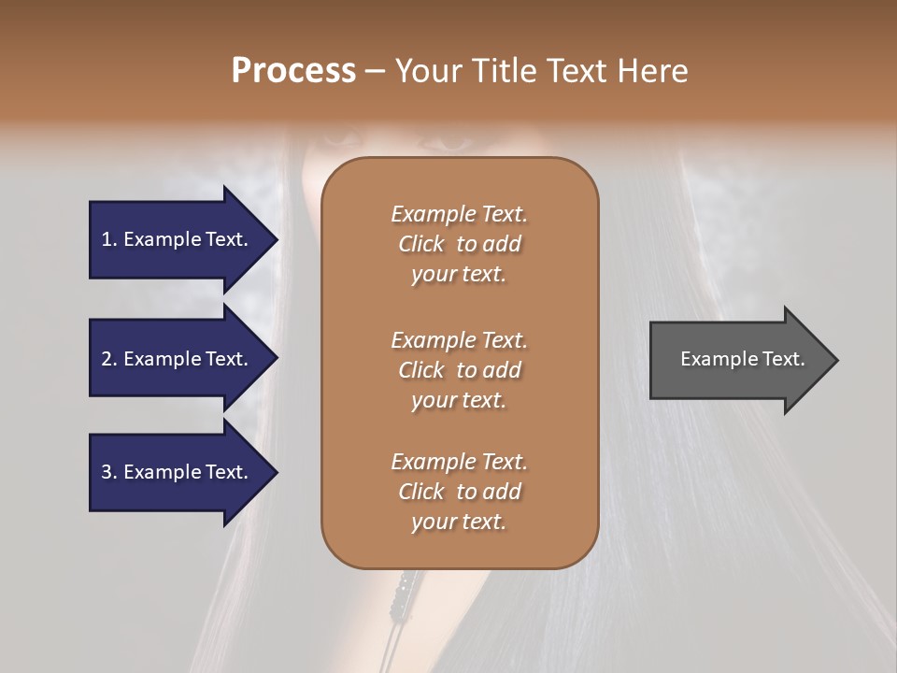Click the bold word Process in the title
pyautogui.click(x=293, y=71)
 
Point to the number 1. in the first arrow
pyautogui.click(x=109, y=239)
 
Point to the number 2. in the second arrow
pyautogui.click(x=109, y=359)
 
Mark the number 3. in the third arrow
pyautogui.click(x=109, y=472)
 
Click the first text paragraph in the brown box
pyautogui.click(x=459, y=244)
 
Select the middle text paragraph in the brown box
pyautogui.click(x=459, y=369)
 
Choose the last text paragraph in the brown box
pyautogui.click(x=459, y=492)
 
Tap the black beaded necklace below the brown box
pyautogui.click(x=404, y=589)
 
